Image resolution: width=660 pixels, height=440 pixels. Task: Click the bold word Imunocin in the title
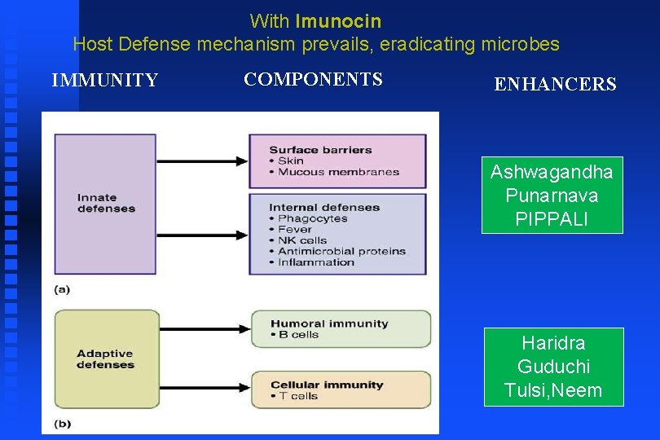pyautogui.click(x=338, y=20)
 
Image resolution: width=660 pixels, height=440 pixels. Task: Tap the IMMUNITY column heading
pyautogui.click(x=105, y=80)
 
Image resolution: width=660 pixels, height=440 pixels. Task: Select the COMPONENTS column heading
pyautogui.click(x=313, y=79)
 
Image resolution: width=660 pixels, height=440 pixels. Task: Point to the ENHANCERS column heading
pyautogui.click(x=555, y=84)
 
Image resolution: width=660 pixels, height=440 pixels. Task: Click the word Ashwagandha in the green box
pyautogui.click(x=552, y=172)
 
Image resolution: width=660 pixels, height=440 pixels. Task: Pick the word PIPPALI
pyautogui.click(x=552, y=219)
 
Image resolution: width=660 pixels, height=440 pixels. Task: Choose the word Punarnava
pyautogui.click(x=552, y=196)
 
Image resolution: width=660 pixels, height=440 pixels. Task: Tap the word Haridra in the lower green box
pyautogui.click(x=553, y=342)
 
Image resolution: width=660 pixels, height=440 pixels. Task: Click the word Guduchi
pyautogui.click(x=553, y=367)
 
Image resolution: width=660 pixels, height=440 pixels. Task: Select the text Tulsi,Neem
pyautogui.click(x=553, y=391)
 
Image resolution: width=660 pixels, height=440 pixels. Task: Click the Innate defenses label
pyautogui.click(x=106, y=203)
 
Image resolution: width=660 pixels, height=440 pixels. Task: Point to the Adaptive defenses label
pyautogui.click(x=105, y=359)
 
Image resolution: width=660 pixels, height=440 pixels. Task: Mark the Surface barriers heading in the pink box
pyautogui.click(x=320, y=150)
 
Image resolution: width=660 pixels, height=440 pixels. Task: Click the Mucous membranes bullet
pyautogui.click(x=338, y=172)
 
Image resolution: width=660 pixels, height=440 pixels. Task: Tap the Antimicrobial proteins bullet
pyautogui.click(x=341, y=251)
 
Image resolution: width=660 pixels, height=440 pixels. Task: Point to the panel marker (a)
pyautogui.click(x=62, y=288)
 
